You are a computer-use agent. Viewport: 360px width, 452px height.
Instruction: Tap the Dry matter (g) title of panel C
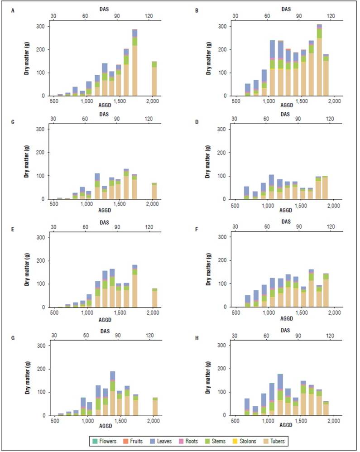[x=27, y=164]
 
